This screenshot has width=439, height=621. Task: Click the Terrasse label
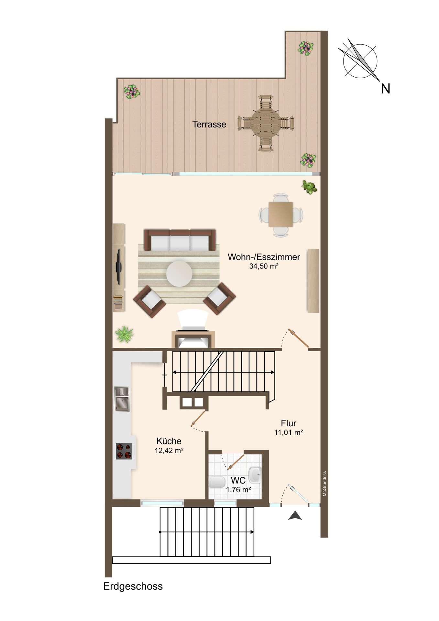[x=209, y=124]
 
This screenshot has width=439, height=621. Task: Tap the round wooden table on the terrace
[x=266, y=123]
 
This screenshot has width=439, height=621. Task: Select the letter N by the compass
[x=385, y=89]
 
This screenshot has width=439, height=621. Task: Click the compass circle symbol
[x=360, y=61]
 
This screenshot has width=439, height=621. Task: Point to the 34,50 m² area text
[x=264, y=266]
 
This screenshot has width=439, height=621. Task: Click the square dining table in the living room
[x=280, y=214]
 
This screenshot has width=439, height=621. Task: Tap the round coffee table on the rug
[x=179, y=274]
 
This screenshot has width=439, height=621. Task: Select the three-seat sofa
[x=180, y=240]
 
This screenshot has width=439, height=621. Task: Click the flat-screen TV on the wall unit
[x=119, y=267]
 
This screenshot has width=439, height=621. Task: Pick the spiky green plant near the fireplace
[x=124, y=334]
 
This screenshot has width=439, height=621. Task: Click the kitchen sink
[x=122, y=399]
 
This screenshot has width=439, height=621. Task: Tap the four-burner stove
[x=124, y=451]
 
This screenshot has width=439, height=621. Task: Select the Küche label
[x=169, y=441]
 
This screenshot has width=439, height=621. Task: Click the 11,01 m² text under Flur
[x=289, y=432]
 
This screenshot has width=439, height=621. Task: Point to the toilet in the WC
[x=217, y=482]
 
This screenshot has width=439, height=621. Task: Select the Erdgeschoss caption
[x=133, y=586]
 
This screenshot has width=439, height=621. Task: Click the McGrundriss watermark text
[x=324, y=484]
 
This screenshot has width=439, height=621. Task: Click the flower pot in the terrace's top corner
[x=306, y=48]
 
